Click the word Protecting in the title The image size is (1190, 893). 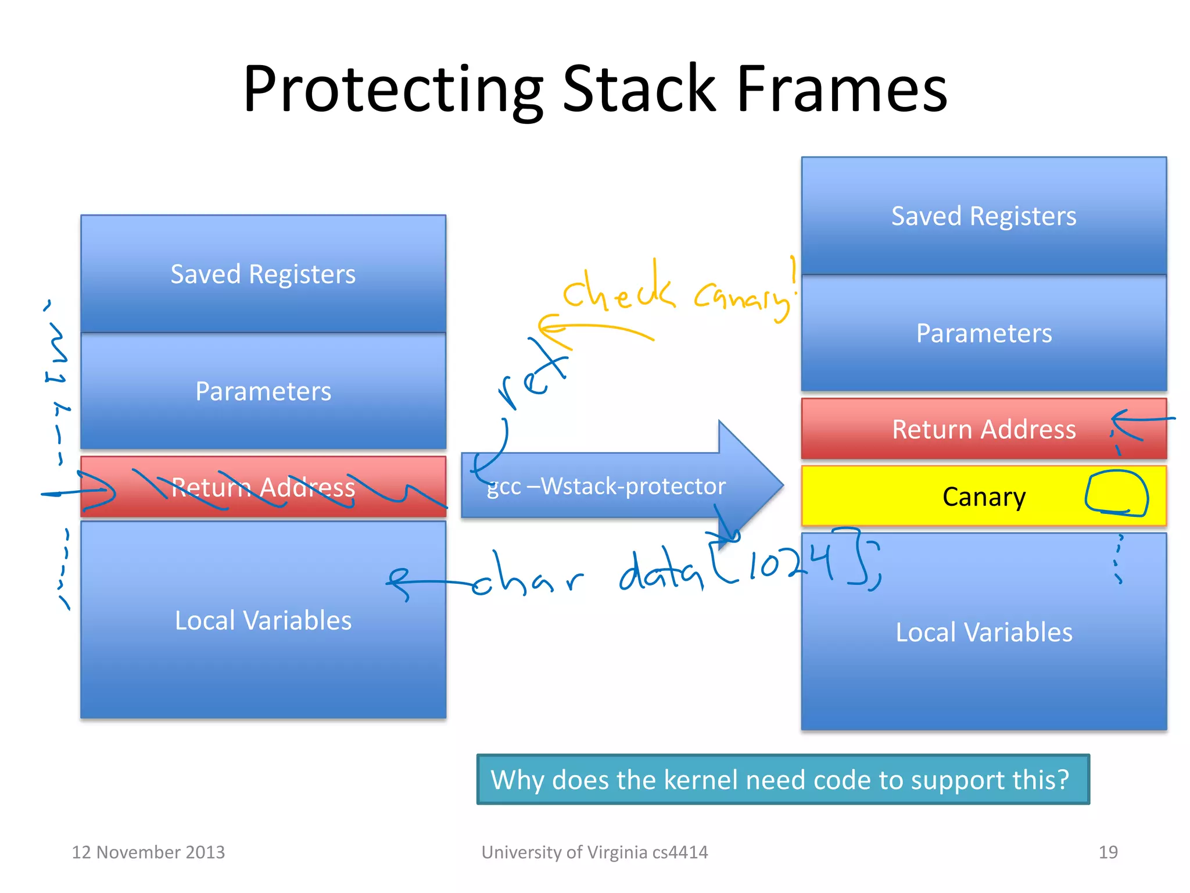coord(393,90)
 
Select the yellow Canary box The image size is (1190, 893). coord(983,496)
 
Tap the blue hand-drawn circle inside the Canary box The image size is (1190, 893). coord(1116,493)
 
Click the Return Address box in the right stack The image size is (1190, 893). coord(983,429)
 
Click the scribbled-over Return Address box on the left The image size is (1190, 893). coord(263,487)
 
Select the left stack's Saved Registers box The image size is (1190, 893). coord(263,274)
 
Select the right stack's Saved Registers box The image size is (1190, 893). coord(983,216)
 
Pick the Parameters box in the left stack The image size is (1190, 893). coord(263,391)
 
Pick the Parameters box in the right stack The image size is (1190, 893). coord(983,333)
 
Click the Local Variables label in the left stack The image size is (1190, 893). coord(263,620)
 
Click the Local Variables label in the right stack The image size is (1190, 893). coord(983,632)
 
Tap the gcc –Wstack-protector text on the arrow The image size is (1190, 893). coord(606,486)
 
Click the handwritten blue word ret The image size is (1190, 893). coord(532,378)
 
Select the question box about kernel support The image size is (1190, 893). coord(782,779)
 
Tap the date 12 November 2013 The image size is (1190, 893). coord(148,852)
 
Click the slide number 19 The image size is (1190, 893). coord(1107,852)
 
